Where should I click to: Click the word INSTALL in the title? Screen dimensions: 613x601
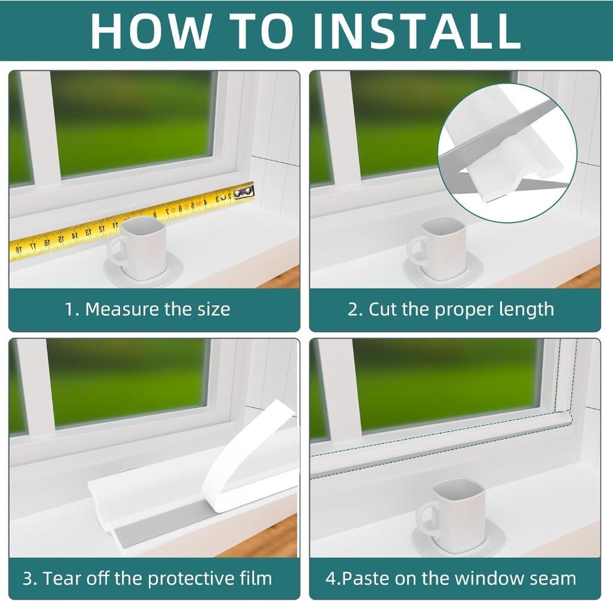point(417,31)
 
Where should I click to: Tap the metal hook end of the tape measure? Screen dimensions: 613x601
point(244,192)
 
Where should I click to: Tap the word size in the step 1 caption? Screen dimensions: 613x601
point(214,310)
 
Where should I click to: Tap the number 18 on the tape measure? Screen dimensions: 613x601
point(19,249)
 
